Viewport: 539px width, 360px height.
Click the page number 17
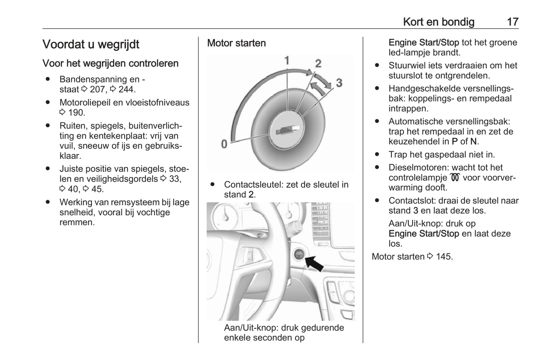coord(513,22)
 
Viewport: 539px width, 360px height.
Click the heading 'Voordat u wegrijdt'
coord(91,44)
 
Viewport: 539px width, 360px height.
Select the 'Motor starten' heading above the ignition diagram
coord(236,43)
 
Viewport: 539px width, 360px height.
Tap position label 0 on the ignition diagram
coord(224,144)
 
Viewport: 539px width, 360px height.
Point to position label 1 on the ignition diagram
coord(287,60)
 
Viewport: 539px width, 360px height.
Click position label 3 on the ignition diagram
coord(339,83)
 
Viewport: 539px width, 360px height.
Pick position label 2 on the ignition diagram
coord(318,63)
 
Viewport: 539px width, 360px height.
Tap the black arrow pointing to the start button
coord(314,263)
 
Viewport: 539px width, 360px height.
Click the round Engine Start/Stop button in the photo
coord(299,255)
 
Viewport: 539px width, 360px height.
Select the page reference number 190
coord(76,113)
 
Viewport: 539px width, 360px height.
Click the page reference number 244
coord(127,90)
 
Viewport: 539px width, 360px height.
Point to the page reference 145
coord(444,257)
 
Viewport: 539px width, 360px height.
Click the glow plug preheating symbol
coord(455,178)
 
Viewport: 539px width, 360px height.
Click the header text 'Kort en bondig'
coord(439,22)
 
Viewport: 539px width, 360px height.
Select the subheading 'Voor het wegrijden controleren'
coord(110,63)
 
